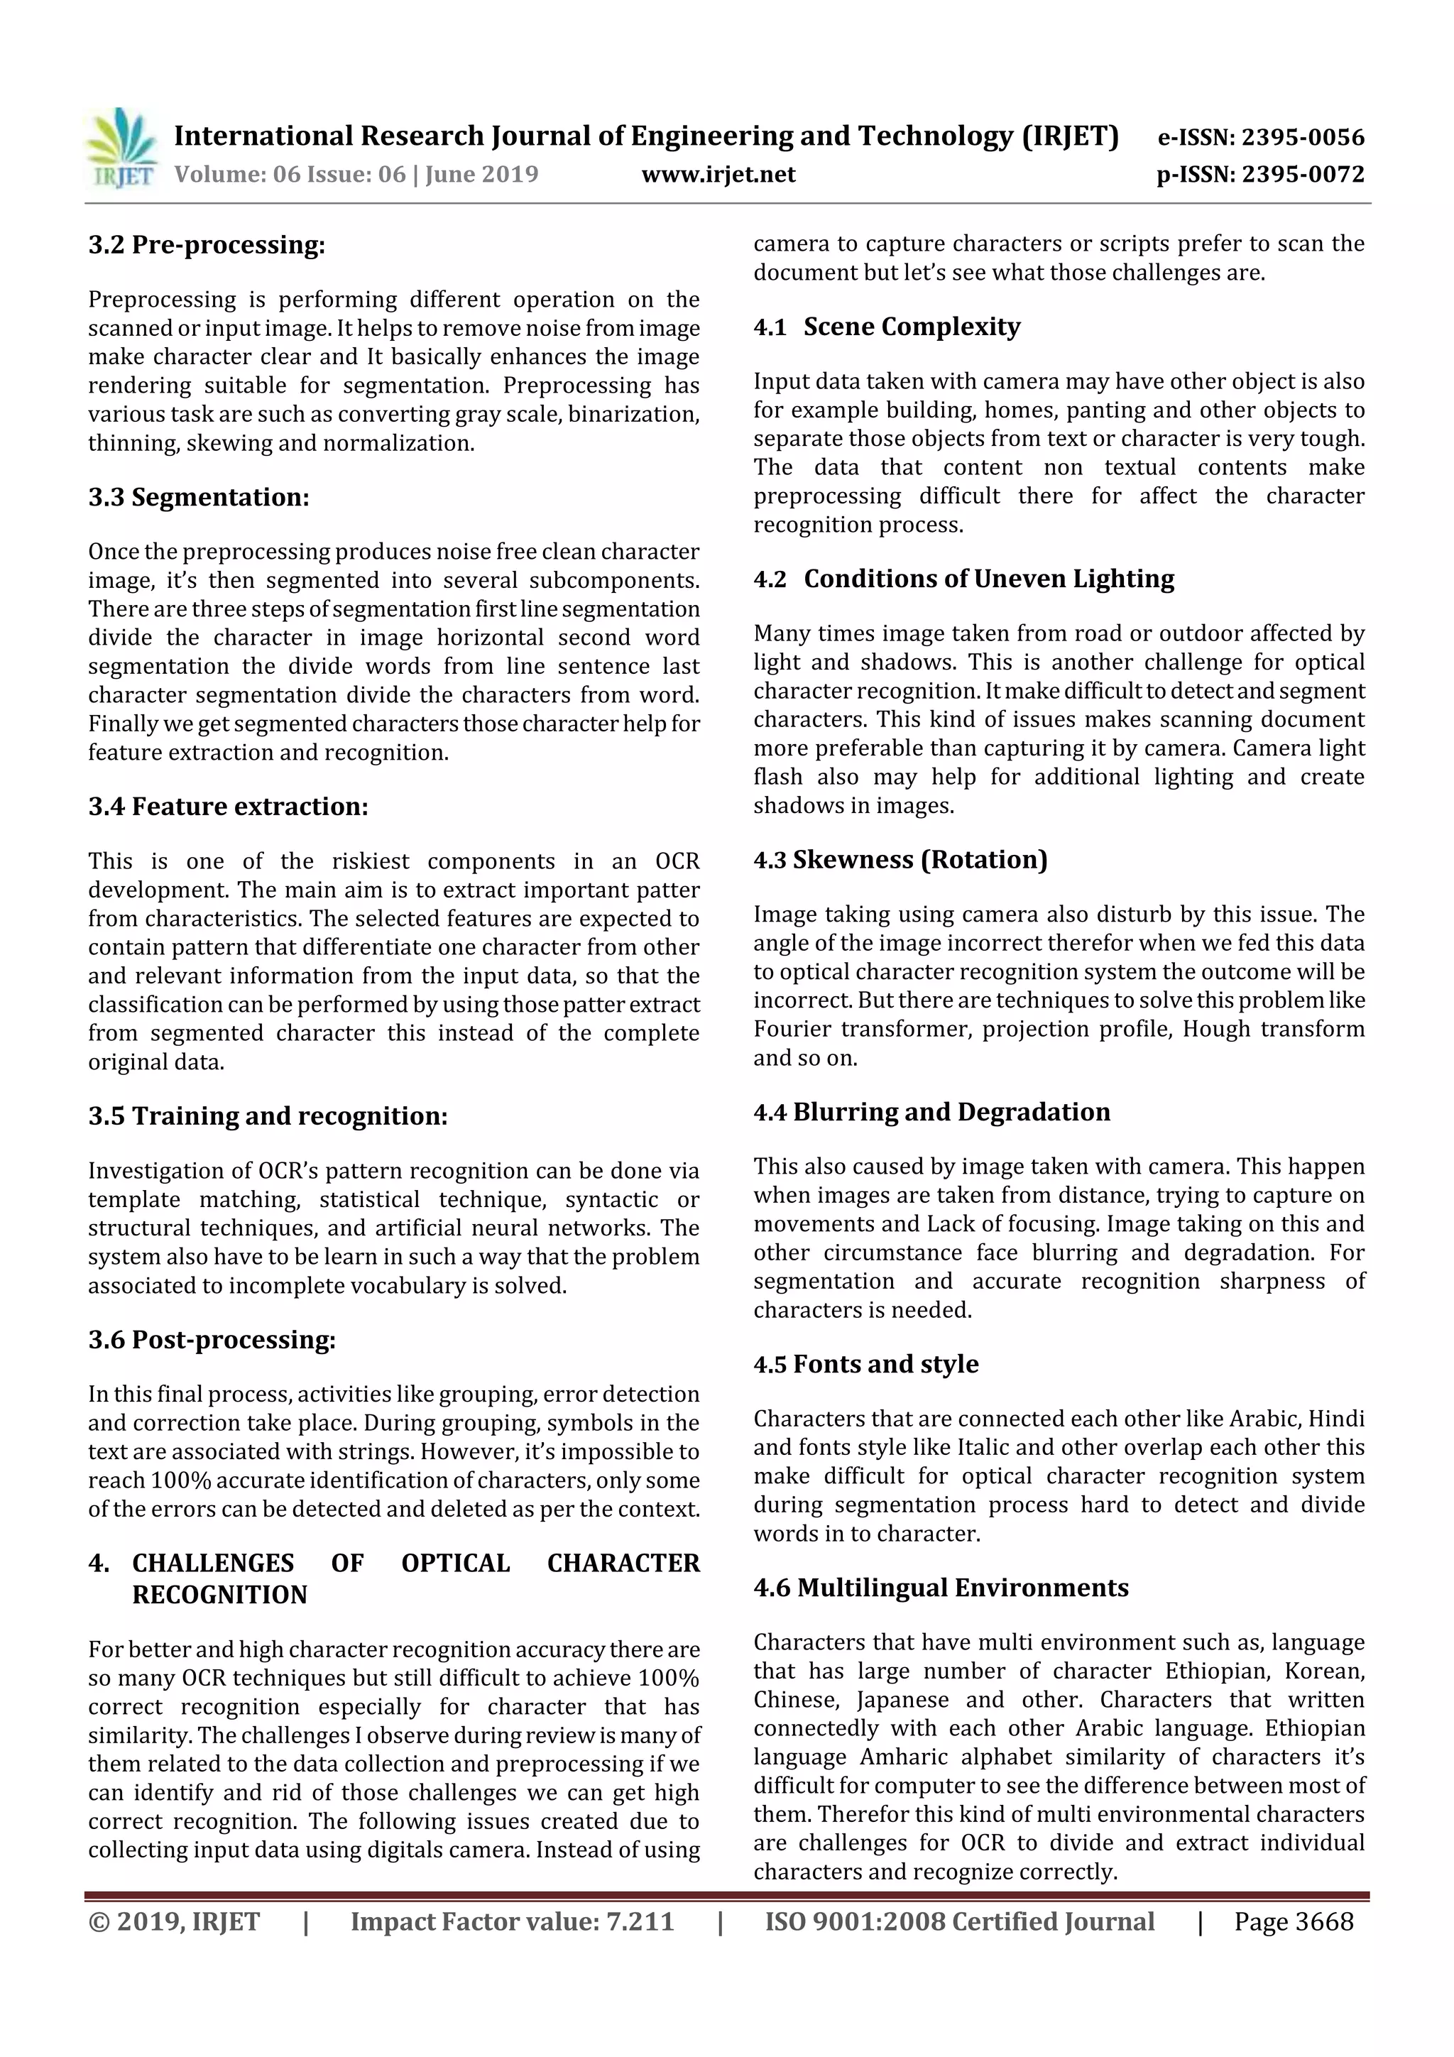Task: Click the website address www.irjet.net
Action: click(718, 174)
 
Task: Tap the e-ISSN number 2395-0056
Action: click(1301, 137)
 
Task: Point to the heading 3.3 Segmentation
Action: click(198, 497)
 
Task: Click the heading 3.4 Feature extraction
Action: click(228, 807)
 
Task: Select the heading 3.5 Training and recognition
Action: click(267, 1115)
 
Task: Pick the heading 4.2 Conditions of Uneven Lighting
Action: click(964, 579)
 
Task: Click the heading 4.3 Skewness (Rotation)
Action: click(900, 859)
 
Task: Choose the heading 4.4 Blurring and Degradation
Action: click(931, 1112)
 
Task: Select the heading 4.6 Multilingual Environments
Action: click(941, 1588)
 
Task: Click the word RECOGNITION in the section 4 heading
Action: click(219, 1595)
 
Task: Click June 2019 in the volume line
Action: click(481, 174)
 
